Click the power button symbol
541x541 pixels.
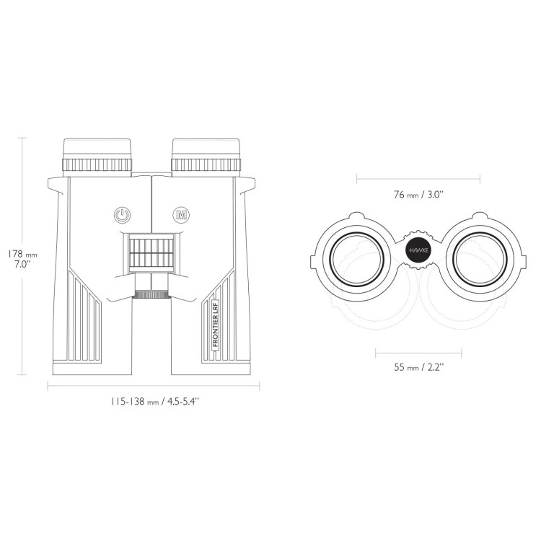pos(122,215)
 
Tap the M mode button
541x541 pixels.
pos(181,215)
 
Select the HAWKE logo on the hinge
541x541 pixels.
pos(418,250)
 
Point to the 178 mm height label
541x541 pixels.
pos(22,255)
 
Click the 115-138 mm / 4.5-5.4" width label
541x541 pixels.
pos(155,402)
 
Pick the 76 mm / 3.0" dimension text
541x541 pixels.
pos(418,195)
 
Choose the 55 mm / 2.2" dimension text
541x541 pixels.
pos(418,367)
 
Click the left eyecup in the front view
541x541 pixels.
pos(97,149)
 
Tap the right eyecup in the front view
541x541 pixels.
pos(206,149)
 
